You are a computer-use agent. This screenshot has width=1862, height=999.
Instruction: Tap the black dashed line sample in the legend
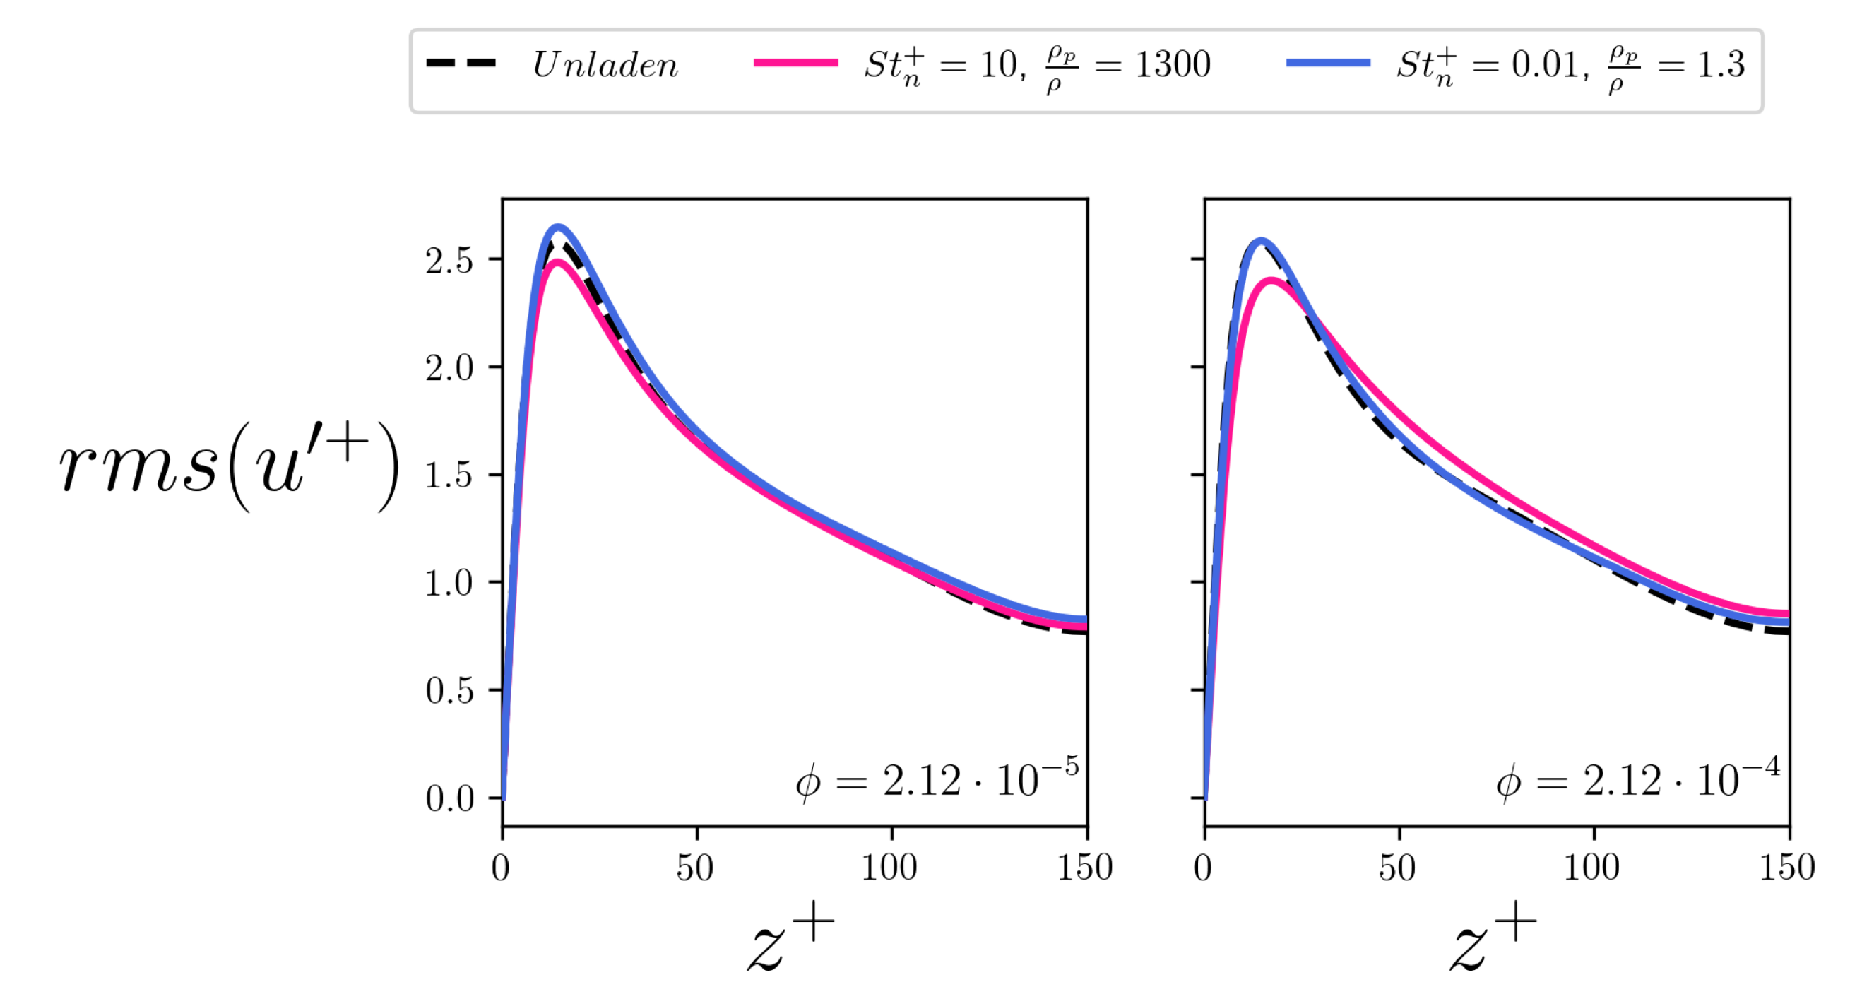click(x=461, y=64)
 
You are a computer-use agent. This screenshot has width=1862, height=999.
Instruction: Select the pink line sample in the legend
click(x=795, y=64)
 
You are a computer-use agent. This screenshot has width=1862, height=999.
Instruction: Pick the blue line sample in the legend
click(x=1328, y=64)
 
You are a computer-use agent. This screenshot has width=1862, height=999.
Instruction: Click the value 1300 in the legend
click(x=1173, y=65)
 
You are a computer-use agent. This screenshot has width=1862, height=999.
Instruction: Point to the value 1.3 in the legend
click(x=1720, y=65)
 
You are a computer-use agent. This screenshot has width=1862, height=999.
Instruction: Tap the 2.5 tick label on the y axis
click(x=449, y=260)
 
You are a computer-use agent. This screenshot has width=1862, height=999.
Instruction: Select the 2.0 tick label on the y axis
click(x=449, y=368)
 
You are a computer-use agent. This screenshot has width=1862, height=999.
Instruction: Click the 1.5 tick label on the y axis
click(x=449, y=475)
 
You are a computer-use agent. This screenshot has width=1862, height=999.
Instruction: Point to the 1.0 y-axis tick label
click(x=449, y=583)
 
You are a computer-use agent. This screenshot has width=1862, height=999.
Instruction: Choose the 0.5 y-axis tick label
click(x=449, y=690)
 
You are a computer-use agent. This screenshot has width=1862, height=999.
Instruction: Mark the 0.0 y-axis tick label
click(x=449, y=798)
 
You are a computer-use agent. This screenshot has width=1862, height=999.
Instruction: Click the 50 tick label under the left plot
click(x=695, y=868)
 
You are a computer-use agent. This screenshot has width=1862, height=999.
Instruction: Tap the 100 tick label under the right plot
click(x=1591, y=868)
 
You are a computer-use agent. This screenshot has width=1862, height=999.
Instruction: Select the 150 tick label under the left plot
click(x=1085, y=868)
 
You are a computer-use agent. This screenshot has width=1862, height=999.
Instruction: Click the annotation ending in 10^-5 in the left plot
click(x=937, y=778)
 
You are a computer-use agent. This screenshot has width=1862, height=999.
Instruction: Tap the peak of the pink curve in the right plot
click(x=1271, y=280)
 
